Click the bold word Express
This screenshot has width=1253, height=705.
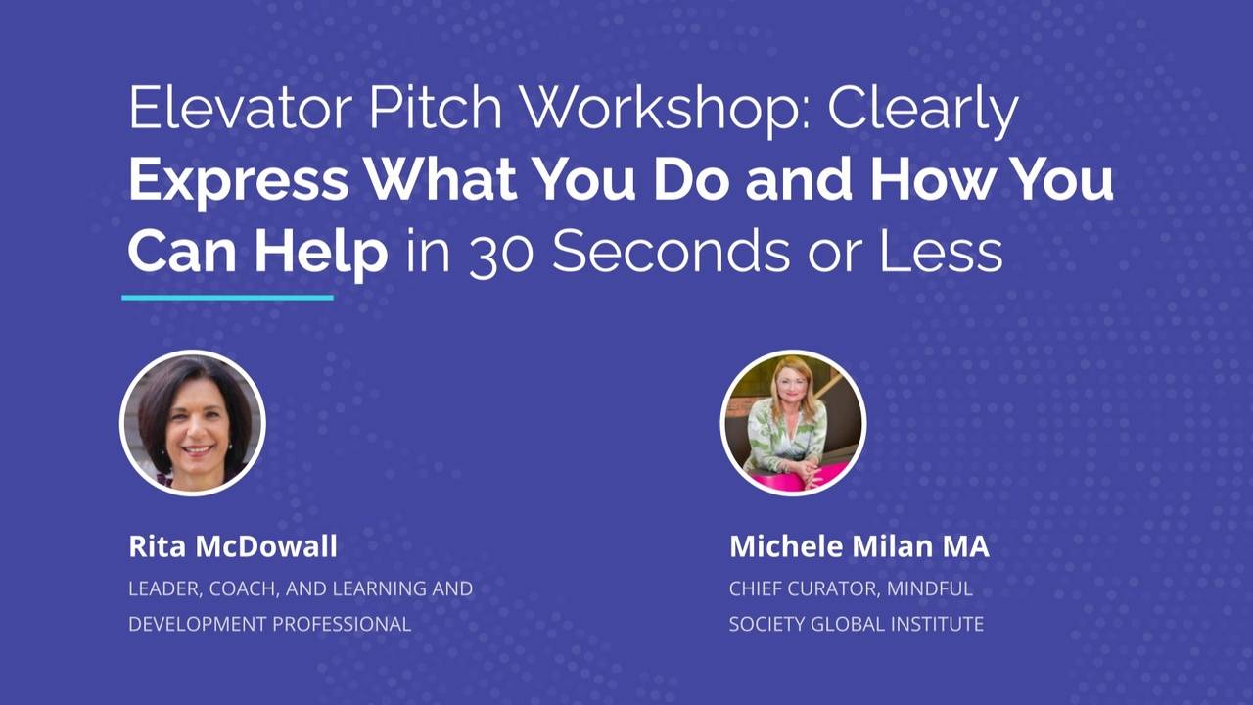pyautogui.click(x=238, y=180)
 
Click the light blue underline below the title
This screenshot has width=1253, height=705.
pyautogui.click(x=227, y=297)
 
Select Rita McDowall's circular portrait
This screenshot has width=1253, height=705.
pyautogui.click(x=192, y=423)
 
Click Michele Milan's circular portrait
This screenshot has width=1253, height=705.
pyautogui.click(x=793, y=423)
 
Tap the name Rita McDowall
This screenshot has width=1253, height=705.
pyautogui.click(x=233, y=546)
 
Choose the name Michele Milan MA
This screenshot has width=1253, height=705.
pyautogui.click(x=859, y=546)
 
